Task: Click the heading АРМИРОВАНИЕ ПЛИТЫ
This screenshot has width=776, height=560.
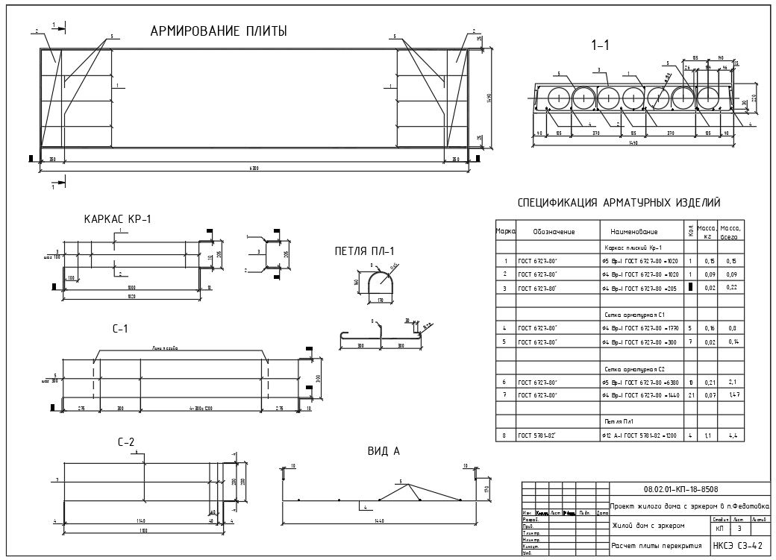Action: pos(219,31)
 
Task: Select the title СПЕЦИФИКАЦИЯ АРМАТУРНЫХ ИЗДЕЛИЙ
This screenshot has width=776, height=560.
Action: pos(619,203)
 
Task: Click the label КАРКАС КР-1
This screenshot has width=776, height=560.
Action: pos(118,219)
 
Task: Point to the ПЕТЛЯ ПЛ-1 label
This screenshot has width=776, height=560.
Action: pos(364,251)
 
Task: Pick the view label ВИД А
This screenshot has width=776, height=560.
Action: pos(384,450)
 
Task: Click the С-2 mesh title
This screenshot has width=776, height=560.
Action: pos(126,443)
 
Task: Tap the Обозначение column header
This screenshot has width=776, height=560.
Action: pos(554,231)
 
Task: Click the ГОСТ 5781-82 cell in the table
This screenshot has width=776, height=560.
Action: pos(539,435)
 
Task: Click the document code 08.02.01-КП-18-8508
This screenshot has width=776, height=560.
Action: pos(680,489)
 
